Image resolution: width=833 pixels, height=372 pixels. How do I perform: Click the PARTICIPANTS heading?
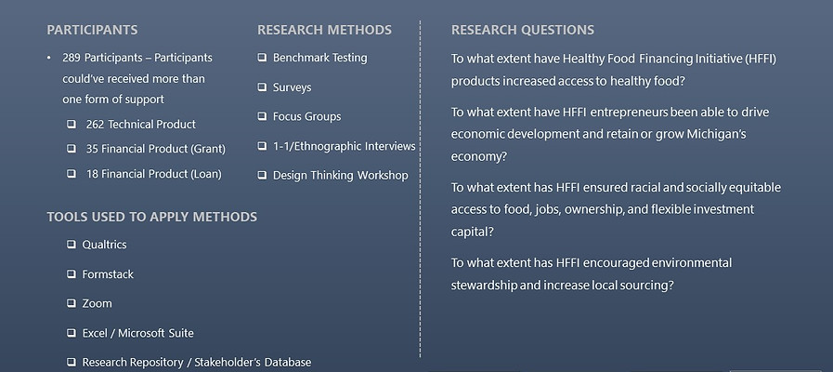click(x=92, y=31)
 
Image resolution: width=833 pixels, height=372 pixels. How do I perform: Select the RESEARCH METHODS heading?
click(x=324, y=31)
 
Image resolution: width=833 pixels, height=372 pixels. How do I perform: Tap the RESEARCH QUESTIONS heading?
click(x=523, y=31)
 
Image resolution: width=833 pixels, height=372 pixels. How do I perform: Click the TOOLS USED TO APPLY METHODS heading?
click(x=151, y=217)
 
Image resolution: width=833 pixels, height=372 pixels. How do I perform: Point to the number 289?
click(x=72, y=58)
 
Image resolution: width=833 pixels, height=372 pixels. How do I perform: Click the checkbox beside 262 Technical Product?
click(x=72, y=124)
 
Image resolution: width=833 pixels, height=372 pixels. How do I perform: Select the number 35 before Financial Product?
click(x=92, y=149)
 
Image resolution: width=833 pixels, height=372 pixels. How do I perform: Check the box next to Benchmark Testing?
click(x=262, y=58)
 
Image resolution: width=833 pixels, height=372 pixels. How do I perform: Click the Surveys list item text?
click(x=292, y=87)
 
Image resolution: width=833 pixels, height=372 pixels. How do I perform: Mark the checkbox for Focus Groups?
click(x=262, y=116)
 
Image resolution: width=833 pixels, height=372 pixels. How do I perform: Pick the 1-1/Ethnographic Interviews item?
click(x=344, y=146)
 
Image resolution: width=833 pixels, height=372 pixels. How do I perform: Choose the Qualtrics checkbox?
click(x=72, y=245)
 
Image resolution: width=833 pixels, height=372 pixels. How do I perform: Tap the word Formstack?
click(x=108, y=274)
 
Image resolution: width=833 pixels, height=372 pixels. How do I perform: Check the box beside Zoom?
click(x=72, y=303)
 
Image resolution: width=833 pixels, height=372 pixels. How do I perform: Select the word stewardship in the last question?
click(x=484, y=285)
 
